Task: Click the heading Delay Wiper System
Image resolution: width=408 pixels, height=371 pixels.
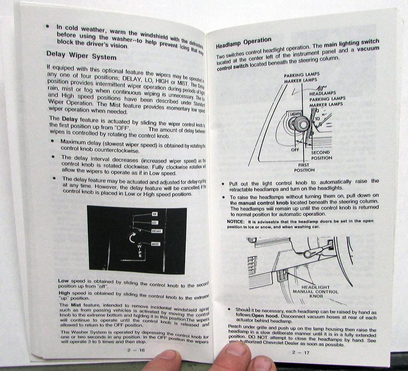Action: pos(81,55)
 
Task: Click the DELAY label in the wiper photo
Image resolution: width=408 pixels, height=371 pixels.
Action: pos(157,231)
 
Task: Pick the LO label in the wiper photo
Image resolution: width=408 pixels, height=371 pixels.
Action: pos(155,223)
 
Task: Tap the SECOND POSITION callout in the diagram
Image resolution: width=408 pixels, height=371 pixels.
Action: pos(322,155)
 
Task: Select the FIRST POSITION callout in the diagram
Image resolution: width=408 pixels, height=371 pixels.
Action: pos(304,167)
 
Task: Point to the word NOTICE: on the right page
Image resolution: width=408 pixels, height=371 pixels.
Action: pos(235,221)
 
